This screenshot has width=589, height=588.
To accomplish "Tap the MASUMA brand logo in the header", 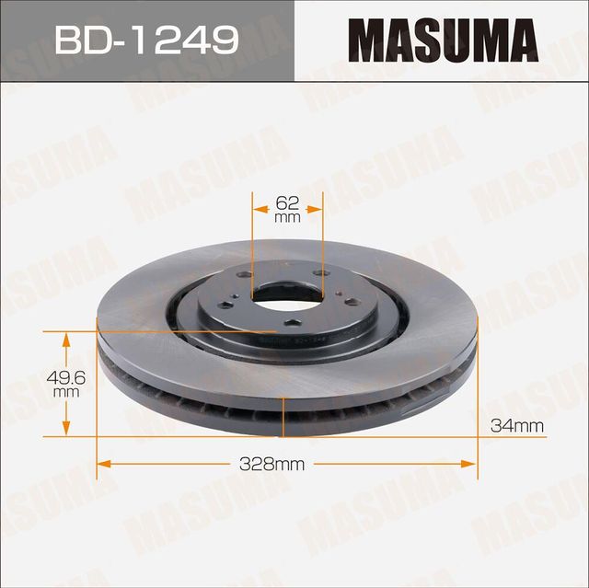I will point(443,40).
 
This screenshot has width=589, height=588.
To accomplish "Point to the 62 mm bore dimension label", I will point(287,207).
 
